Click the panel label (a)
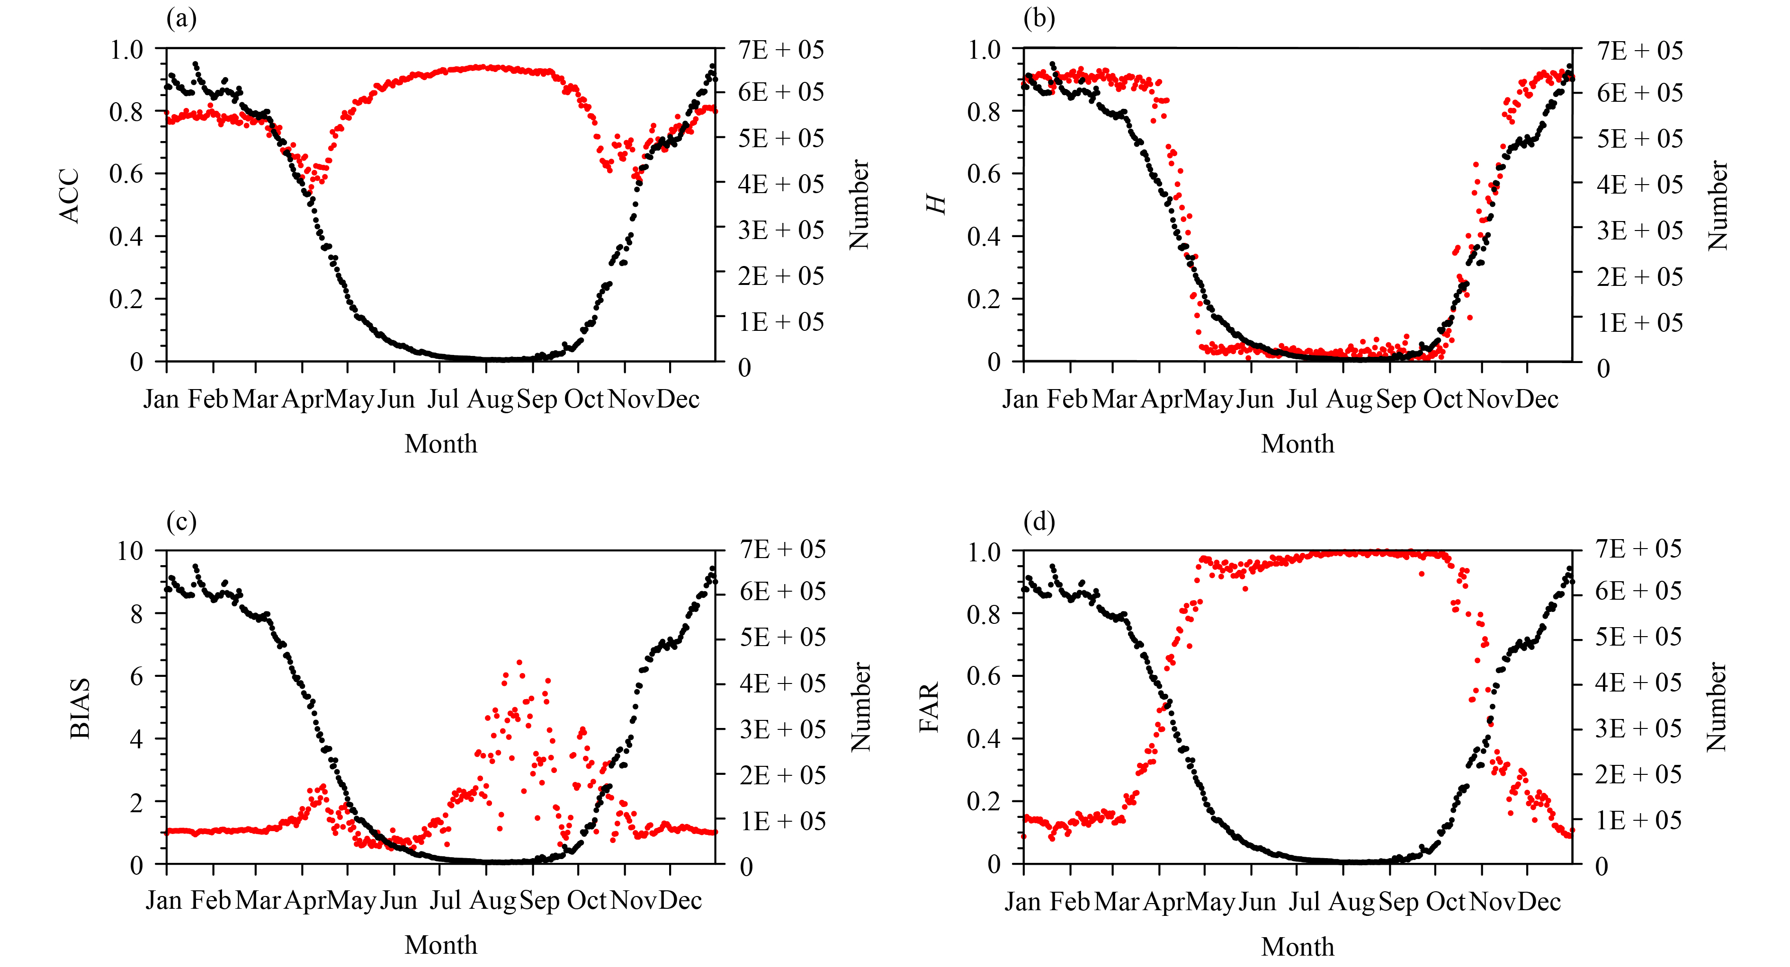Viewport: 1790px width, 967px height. click(x=181, y=18)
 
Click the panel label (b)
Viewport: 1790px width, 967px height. click(x=1039, y=18)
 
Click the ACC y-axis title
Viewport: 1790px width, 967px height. click(x=70, y=196)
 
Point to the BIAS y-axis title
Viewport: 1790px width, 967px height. click(x=81, y=709)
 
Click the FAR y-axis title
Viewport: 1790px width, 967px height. click(x=929, y=707)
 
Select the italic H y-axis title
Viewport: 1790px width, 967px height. click(x=938, y=204)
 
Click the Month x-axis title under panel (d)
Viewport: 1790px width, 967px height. click(x=1298, y=946)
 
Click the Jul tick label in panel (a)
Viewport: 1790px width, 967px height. click(x=443, y=399)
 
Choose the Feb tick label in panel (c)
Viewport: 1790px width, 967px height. click(x=211, y=901)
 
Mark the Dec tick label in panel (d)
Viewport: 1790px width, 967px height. click(x=1539, y=902)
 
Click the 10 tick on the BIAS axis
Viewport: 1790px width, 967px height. click(x=130, y=551)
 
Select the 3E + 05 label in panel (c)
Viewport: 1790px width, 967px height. click(x=782, y=729)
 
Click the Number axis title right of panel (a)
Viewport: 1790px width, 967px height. click(x=859, y=204)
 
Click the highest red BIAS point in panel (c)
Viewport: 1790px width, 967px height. click(x=519, y=662)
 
